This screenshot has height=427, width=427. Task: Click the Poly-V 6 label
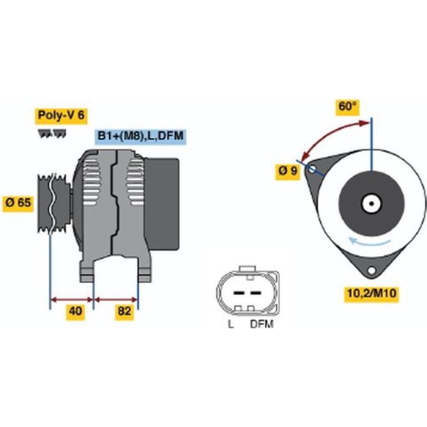pos(61,115)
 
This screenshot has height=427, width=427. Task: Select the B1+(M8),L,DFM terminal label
pos(140,136)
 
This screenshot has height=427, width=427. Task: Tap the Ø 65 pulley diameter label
pos(18,203)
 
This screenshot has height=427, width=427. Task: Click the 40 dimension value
pos(75,311)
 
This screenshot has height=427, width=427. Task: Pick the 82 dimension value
pos(124,311)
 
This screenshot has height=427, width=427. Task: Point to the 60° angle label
pos(348,106)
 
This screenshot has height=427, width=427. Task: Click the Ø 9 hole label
pos(288,171)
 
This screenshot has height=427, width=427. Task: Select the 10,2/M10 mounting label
pos(372,294)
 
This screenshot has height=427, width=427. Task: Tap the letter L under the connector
pos(231,324)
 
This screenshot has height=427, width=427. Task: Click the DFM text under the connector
pos(262,324)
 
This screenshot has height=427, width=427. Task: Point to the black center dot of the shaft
pos(372,203)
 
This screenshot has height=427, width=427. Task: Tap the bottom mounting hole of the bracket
pos(372,271)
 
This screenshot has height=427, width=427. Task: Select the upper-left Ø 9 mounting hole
pos(312,169)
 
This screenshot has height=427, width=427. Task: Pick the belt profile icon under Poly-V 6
pos(52,134)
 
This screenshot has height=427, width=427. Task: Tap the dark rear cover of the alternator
pos(162,204)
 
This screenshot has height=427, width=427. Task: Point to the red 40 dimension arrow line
pos(72,300)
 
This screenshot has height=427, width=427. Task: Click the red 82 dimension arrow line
pos(116,300)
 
